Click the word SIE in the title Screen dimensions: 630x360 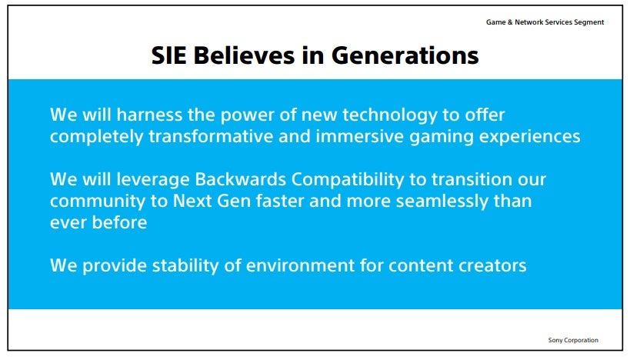pyautogui.click(x=168, y=55)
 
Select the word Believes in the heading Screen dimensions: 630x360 pyautogui.click(x=245, y=55)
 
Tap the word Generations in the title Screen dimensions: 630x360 pyautogui.click(x=405, y=55)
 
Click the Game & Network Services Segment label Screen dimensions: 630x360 pyautogui.click(x=545, y=22)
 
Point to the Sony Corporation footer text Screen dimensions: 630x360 pyautogui.click(x=573, y=340)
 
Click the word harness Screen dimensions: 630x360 pyautogui.click(x=149, y=115)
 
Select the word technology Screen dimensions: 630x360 pyautogui.click(x=390, y=115)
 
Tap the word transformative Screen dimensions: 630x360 pyautogui.click(x=212, y=137)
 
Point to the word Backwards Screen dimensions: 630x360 pyautogui.click(x=240, y=179)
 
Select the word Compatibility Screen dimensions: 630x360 pyautogui.click(x=348, y=180)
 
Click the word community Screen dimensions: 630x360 pyautogui.click(x=98, y=202)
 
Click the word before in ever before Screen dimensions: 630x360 pyautogui.click(x=120, y=222)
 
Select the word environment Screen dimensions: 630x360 pyautogui.click(x=301, y=266)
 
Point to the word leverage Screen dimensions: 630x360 pyautogui.click(x=153, y=180)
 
